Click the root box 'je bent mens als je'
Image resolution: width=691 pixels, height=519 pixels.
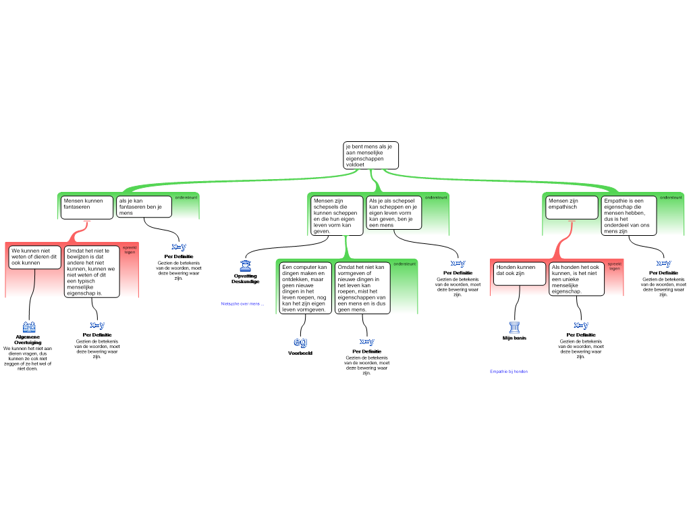coord(370,155)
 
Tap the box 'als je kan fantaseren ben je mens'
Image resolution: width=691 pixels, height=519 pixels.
coord(144,207)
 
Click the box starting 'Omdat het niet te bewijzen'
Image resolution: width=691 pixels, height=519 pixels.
coord(92,271)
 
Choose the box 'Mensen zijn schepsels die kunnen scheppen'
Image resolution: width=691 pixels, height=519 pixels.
coord(337,216)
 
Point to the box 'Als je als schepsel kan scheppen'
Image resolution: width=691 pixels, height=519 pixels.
coord(394,213)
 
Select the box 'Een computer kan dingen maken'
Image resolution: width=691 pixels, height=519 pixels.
coord(305,288)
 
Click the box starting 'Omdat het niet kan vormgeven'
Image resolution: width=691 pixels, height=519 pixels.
coord(362,288)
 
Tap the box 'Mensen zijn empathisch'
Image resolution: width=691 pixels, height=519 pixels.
coord(571,207)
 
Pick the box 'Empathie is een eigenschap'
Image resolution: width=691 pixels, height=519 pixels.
coord(628,216)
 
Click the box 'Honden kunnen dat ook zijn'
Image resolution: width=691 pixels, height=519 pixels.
coord(520,274)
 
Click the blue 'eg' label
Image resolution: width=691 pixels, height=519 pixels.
coord(300,342)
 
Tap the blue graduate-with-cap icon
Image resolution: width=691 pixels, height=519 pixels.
coord(246,266)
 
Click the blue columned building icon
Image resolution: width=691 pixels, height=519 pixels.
coord(514,328)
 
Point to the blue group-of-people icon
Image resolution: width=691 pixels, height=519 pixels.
coord(29,327)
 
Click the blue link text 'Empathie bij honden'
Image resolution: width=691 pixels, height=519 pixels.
coord(509,371)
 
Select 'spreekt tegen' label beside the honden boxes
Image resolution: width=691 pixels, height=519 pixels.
coord(614,266)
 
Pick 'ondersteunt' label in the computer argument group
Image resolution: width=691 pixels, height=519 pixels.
coord(405,264)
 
